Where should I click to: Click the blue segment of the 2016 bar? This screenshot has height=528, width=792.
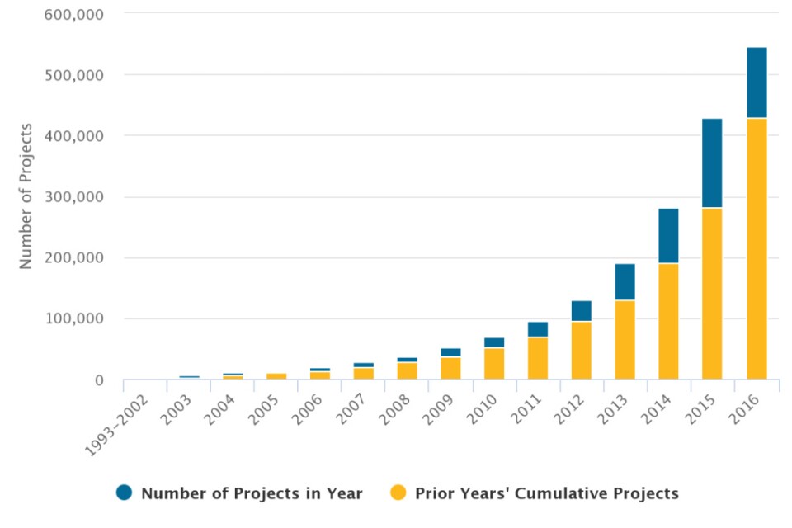(757, 82)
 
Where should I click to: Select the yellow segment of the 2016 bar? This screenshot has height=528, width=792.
(757, 248)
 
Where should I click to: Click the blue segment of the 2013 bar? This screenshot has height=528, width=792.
(625, 282)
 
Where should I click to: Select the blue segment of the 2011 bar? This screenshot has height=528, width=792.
(537, 329)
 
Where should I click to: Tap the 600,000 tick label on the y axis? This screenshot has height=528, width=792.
(79, 13)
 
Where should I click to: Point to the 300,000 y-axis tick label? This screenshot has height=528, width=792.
(79, 197)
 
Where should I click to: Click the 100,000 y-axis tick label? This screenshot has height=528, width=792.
(79, 318)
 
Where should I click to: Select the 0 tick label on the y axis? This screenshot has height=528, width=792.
(98, 380)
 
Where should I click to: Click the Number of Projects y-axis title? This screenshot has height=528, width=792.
(26, 196)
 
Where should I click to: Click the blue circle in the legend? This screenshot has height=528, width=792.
(125, 493)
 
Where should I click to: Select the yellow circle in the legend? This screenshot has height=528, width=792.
(398, 493)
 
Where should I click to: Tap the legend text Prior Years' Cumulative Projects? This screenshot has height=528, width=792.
(546, 493)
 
